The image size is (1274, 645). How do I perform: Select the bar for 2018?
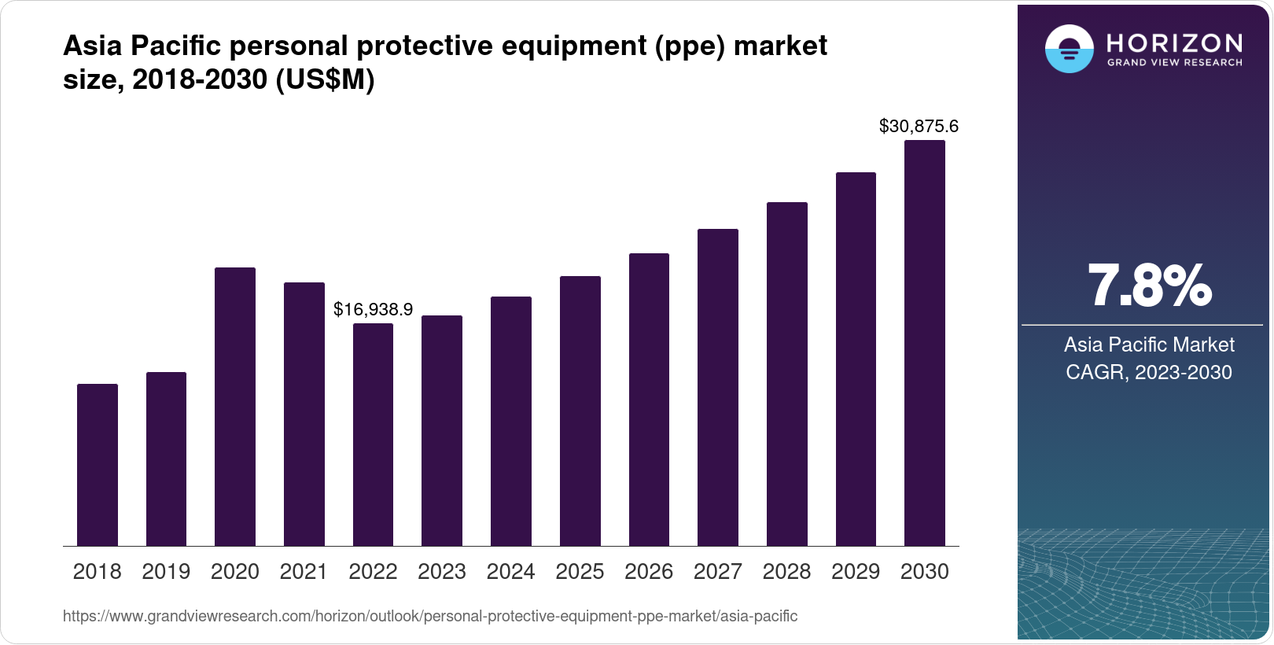[98, 465]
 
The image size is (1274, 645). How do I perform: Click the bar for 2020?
[235, 407]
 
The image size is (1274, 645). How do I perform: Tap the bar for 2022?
[373, 434]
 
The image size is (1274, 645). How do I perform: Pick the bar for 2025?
[580, 411]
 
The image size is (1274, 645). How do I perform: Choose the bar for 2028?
[786, 374]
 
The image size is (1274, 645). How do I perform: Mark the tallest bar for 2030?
[924, 343]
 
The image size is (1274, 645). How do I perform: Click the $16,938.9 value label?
[373, 309]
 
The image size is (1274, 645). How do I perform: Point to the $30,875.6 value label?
[919, 126]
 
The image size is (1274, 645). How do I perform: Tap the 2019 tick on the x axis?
[166, 571]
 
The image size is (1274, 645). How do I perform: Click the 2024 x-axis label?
[510, 571]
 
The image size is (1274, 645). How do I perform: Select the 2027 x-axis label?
[717, 571]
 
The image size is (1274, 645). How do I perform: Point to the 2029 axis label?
[856, 571]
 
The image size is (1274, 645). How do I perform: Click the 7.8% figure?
[1149, 286]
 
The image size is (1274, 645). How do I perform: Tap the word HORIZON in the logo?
[1174, 42]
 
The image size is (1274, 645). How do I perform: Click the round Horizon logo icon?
[1069, 50]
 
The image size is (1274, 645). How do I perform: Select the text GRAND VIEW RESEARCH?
[1174, 62]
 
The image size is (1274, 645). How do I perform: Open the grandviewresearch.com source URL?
[430, 616]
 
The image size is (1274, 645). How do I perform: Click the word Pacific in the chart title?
[175, 46]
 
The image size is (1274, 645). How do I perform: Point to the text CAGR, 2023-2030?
[1148, 372]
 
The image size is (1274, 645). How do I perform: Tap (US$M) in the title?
[325, 79]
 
